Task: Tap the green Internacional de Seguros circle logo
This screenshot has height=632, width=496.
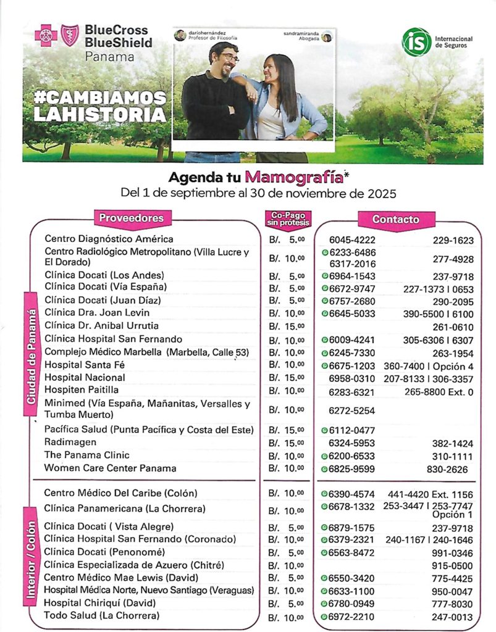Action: tap(416, 42)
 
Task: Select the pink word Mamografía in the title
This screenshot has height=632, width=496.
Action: tap(294, 177)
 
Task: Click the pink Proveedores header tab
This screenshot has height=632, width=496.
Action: tap(132, 218)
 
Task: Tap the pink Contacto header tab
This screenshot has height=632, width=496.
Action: tap(395, 219)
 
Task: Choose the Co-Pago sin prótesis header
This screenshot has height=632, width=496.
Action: tap(287, 218)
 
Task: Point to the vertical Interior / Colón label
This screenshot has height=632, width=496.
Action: tap(31, 552)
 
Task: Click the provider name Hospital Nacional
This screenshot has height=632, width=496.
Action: tap(85, 376)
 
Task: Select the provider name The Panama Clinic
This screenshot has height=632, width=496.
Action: tap(87, 455)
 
